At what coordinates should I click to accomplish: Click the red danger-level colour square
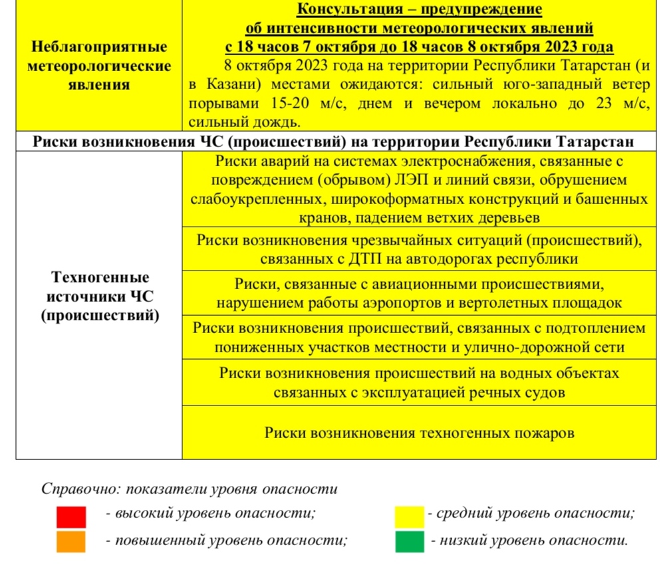pos(71,516)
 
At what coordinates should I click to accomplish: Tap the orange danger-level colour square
pos(71,541)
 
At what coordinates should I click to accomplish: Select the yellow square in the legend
pos(409,516)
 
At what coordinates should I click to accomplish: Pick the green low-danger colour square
pos(409,541)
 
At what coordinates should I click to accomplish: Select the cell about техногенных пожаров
pos(419,433)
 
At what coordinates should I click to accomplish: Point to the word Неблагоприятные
pos(99,48)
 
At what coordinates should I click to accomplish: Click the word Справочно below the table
pos(76,489)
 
